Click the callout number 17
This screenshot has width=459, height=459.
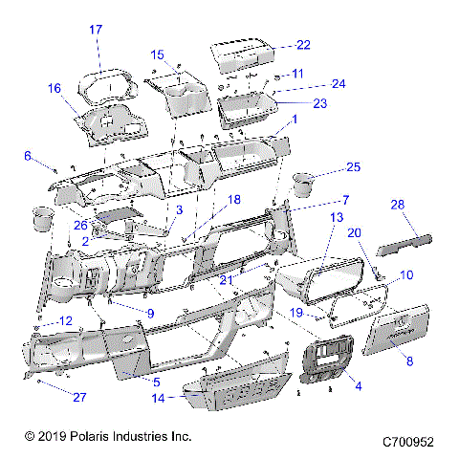pos(96,31)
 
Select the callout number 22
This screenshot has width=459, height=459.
pos(303,45)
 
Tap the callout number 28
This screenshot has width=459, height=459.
pos(397,204)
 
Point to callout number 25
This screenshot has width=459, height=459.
pos(353,167)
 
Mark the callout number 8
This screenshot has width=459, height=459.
pos(409,362)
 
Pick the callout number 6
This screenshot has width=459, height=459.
pos(28,155)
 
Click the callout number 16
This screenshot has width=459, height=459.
pos(55,88)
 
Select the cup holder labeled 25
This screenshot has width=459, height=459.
pos(304,181)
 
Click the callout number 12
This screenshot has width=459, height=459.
pos(65,320)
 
